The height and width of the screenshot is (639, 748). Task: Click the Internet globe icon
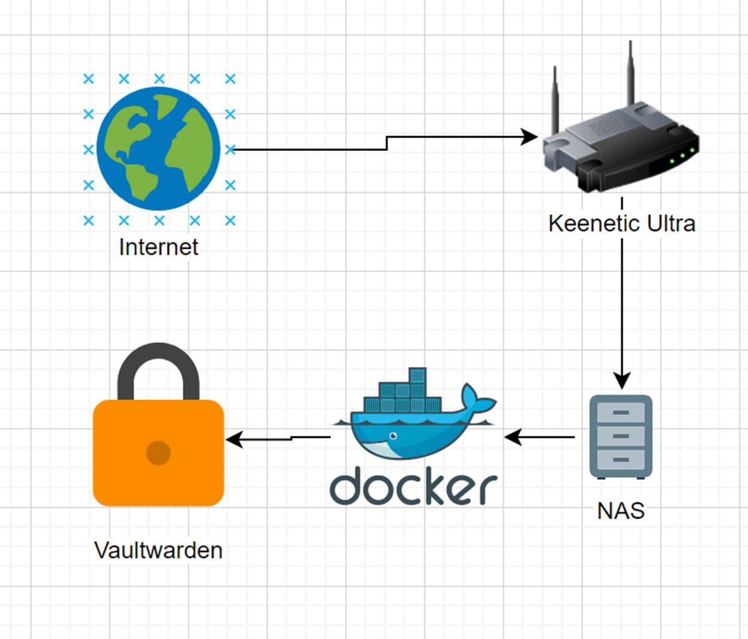(x=158, y=149)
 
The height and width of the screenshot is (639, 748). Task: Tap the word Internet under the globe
(x=158, y=247)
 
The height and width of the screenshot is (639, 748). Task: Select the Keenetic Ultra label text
(x=621, y=224)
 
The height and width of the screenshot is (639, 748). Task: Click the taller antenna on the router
(x=630, y=73)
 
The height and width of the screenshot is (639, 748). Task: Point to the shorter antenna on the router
(x=555, y=100)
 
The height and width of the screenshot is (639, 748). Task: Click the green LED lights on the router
(x=683, y=155)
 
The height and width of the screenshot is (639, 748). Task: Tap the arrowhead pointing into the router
(x=528, y=137)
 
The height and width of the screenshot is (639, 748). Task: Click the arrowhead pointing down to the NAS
(x=621, y=381)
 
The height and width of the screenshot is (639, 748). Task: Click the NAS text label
(x=621, y=511)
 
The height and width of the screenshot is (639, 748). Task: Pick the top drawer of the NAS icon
(x=621, y=412)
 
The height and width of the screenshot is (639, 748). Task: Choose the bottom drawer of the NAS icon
(x=621, y=460)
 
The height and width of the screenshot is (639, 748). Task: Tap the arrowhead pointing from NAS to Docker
(x=513, y=437)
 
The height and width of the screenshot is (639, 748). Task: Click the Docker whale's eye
(x=393, y=436)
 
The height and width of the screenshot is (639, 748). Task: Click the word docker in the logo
(x=413, y=486)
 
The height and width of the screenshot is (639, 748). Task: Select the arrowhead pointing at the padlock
(x=234, y=439)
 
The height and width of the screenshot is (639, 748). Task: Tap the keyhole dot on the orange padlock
(x=158, y=453)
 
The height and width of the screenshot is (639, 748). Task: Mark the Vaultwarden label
(x=158, y=550)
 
